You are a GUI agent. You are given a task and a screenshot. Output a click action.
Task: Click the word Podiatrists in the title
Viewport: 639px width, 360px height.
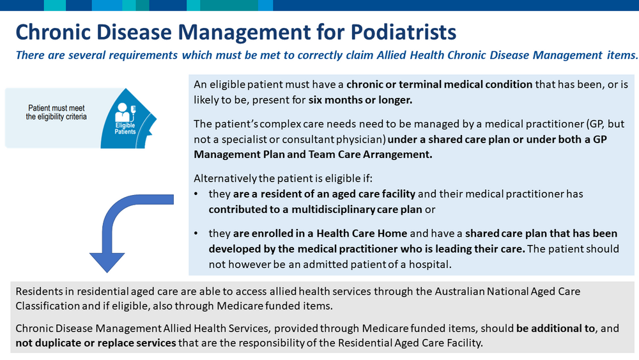pyautogui.click(x=403, y=32)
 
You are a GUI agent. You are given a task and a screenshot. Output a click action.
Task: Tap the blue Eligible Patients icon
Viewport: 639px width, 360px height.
pyautogui.click(x=128, y=119)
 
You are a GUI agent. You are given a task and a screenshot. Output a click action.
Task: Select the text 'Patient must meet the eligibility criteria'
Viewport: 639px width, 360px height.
pyautogui.click(x=56, y=113)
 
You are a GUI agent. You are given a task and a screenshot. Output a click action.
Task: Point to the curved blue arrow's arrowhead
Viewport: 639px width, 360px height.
pyautogui.click(x=107, y=262)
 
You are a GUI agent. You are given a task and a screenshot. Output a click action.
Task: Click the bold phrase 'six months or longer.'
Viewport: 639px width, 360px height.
pyautogui.click(x=360, y=100)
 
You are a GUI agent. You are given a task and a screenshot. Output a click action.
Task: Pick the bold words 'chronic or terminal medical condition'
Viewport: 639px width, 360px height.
pyautogui.click(x=440, y=84)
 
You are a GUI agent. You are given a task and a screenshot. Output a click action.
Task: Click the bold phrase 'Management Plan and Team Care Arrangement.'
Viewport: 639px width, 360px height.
pyautogui.click(x=313, y=155)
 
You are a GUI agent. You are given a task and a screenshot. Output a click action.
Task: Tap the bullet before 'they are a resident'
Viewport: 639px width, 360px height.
pyautogui.click(x=196, y=194)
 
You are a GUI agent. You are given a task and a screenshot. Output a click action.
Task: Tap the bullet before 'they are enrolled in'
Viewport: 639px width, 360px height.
pyautogui.click(x=196, y=233)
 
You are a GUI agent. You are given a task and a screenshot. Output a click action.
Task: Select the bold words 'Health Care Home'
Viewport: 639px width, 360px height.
pyautogui.click(x=362, y=233)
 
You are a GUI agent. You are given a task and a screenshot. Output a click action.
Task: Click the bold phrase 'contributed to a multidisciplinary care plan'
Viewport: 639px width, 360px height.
pyautogui.click(x=316, y=210)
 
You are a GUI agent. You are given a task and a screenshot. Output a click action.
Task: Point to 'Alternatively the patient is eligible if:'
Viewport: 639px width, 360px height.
pyautogui.click(x=283, y=178)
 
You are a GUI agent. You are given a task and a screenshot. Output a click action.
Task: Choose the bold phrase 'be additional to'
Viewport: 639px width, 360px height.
pyautogui.click(x=556, y=329)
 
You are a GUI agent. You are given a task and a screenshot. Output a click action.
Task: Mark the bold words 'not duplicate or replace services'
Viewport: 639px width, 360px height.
pyautogui.click(x=96, y=343)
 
